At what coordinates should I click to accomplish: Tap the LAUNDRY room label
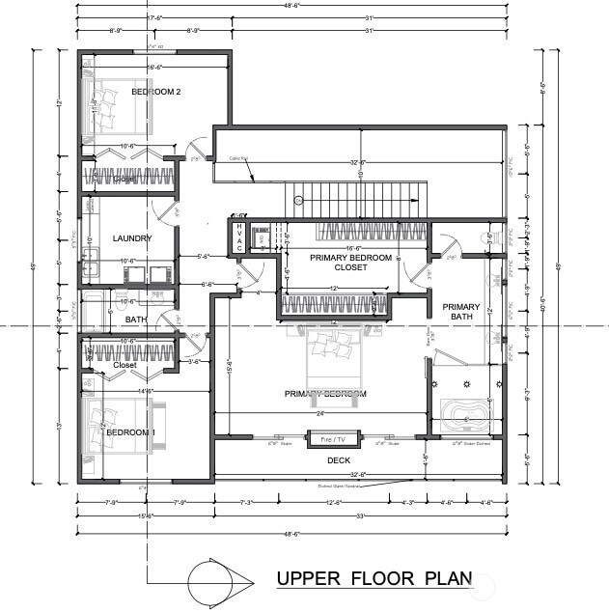pos(133,238)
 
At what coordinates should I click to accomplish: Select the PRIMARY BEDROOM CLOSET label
pos(350,264)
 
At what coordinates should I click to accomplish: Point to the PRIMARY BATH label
pos(460,311)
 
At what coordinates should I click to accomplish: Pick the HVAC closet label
pos(239,236)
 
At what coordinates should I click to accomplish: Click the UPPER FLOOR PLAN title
pos(374,579)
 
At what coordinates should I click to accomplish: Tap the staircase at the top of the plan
pos(357,198)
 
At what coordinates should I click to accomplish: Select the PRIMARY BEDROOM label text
pos(324,394)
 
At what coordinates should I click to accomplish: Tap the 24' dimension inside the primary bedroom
pos(318,413)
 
